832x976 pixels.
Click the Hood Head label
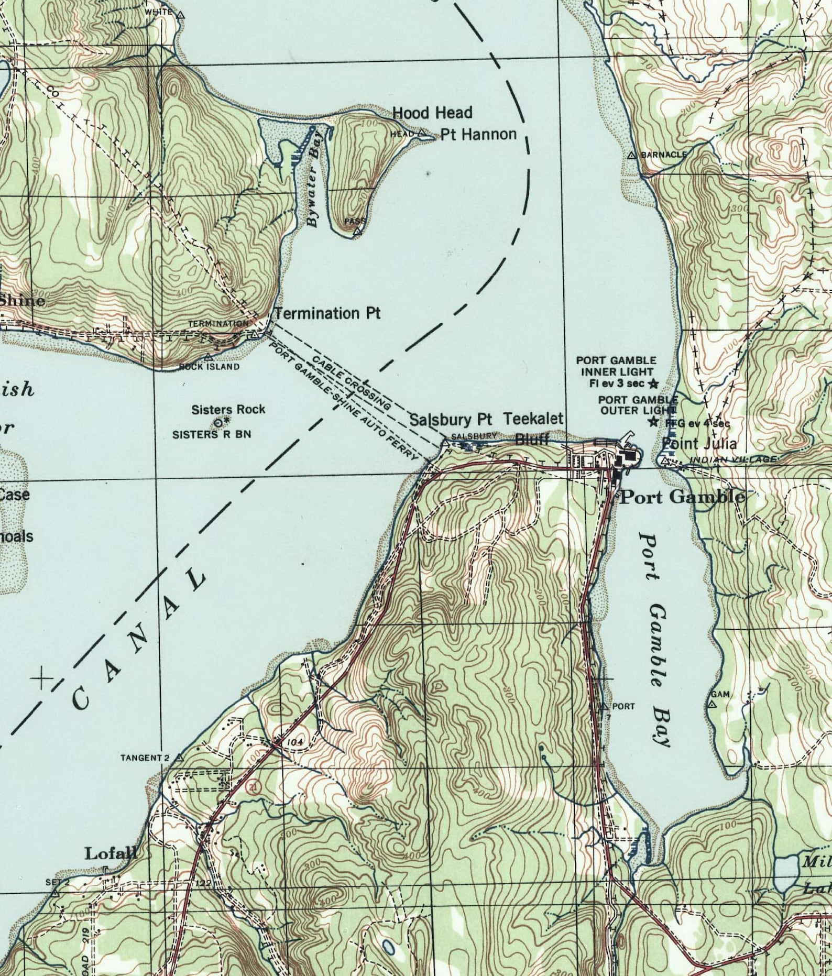tap(432, 113)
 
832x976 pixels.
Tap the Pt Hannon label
tap(478, 135)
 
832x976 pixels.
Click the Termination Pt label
tap(328, 314)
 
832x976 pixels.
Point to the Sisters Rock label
tap(228, 409)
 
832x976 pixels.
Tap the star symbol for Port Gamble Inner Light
tap(653, 383)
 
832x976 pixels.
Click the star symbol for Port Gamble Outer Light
tap(653, 422)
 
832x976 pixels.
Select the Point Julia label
tap(699, 444)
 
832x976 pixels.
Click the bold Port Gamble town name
tap(682, 497)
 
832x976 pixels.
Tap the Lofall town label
tap(111, 853)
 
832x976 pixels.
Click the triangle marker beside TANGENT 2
tap(180, 758)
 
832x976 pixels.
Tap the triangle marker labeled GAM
tap(711, 705)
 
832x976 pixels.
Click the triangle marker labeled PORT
tap(605, 706)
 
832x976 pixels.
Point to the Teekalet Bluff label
tap(533, 429)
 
